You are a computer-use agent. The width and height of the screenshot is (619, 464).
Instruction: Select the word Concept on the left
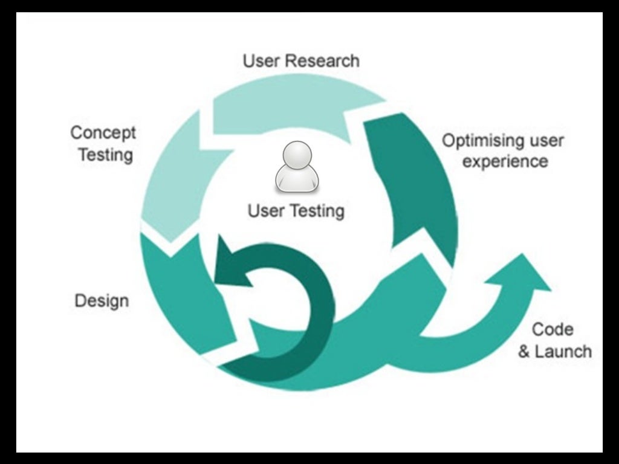[x=103, y=133]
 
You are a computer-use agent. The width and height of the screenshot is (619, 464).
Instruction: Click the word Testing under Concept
[x=105, y=155]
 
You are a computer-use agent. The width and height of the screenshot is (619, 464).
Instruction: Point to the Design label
[x=102, y=300]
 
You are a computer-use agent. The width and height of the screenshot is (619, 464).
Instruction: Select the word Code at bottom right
[x=552, y=329]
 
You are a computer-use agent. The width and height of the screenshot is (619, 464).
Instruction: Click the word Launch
[x=563, y=351]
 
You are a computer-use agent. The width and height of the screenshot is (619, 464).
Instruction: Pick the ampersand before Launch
[x=524, y=352]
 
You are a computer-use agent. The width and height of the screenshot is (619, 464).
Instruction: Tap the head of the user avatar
[x=297, y=156]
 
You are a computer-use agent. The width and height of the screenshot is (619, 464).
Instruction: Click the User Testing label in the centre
[x=296, y=211]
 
